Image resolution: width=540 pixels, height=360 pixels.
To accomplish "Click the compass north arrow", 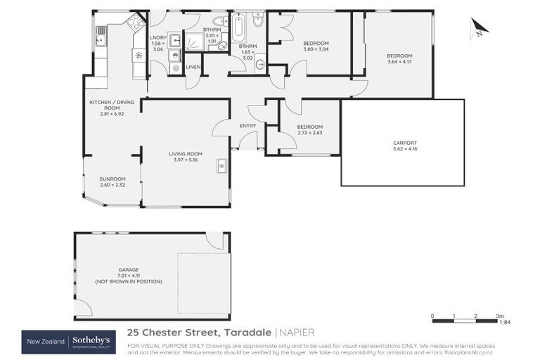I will click(479, 28).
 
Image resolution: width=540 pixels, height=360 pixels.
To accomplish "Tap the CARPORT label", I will click(404, 143).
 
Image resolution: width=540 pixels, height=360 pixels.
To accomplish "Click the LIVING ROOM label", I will click(186, 154).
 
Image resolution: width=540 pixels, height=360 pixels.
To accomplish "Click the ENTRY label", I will click(247, 126).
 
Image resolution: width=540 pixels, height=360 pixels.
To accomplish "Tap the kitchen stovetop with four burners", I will click(134, 22).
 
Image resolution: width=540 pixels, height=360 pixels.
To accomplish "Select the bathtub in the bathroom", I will click(238, 27).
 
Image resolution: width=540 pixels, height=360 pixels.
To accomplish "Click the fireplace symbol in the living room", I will click(221, 166).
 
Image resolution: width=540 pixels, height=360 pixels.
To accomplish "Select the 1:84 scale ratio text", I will click(504, 323).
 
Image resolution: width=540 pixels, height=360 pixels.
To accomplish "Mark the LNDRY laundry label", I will click(157, 39).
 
